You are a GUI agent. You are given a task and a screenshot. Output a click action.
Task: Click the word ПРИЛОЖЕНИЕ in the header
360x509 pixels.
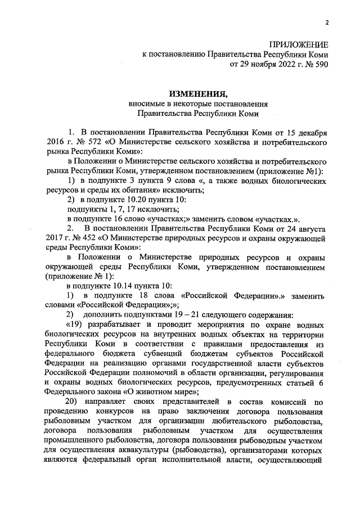(x=298, y=44)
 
